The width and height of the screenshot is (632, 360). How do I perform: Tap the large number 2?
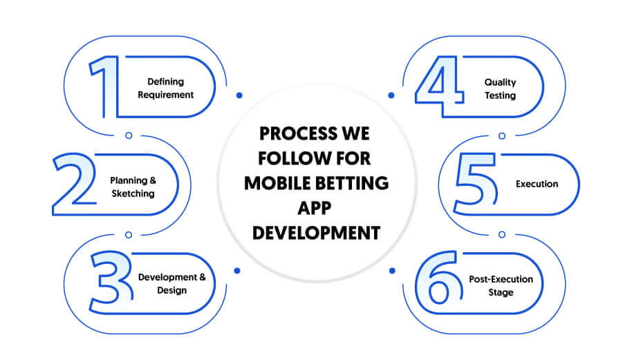[x=75, y=184]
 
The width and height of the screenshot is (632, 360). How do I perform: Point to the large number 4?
[x=440, y=86]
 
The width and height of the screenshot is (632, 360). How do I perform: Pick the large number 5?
[x=476, y=184]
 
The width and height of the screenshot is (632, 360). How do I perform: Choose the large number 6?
[x=439, y=278]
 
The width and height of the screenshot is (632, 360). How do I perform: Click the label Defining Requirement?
[x=166, y=88]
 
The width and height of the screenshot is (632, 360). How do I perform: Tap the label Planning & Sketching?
[x=133, y=187]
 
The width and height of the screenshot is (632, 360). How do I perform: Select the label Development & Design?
[x=171, y=283]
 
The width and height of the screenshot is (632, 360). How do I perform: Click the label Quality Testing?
[x=500, y=88]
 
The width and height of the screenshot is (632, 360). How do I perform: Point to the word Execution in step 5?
[x=537, y=184]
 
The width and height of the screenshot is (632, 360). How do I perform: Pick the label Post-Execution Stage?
[x=501, y=285]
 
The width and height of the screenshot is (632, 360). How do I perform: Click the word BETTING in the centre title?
[x=352, y=183]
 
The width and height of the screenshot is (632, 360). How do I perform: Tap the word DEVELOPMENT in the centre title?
[x=317, y=233]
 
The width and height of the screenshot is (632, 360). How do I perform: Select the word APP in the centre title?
[x=315, y=208]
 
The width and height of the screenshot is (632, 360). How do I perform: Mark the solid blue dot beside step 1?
[x=239, y=95]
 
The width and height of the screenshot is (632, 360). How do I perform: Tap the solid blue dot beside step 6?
[x=392, y=271]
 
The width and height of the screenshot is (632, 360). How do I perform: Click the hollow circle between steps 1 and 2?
[x=129, y=135]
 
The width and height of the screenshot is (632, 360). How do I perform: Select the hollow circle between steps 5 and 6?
[x=502, y=234]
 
